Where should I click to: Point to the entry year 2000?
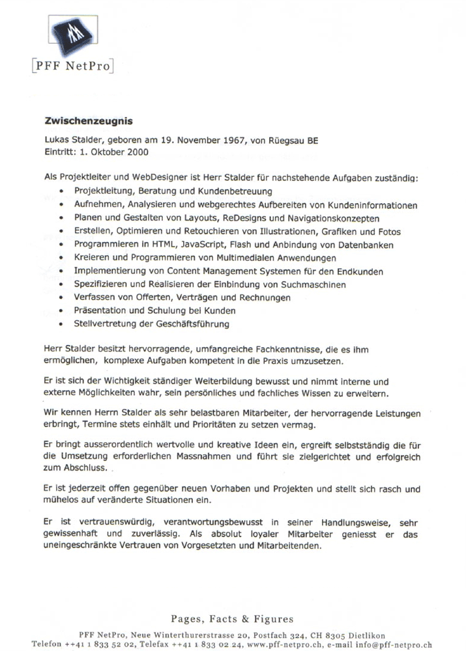(x=136, y=152)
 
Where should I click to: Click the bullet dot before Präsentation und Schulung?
(x=61, y=311)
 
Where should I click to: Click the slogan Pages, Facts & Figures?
(x=232, y=619)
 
